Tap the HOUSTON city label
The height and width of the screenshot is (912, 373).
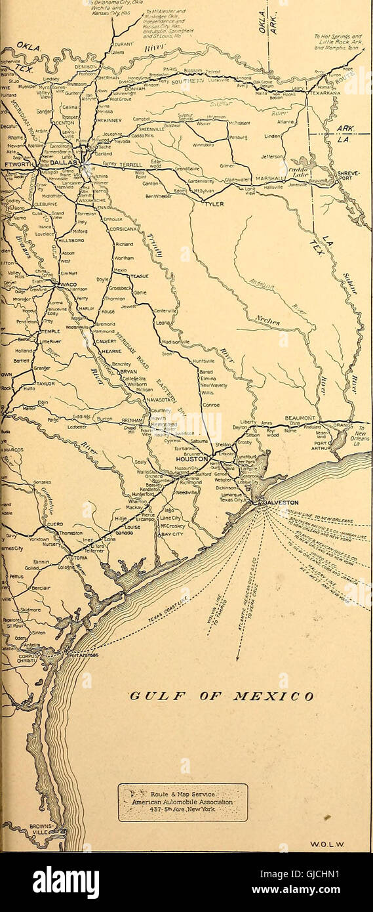tap(191, 459)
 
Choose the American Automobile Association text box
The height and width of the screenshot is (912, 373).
tap(183, 802)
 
